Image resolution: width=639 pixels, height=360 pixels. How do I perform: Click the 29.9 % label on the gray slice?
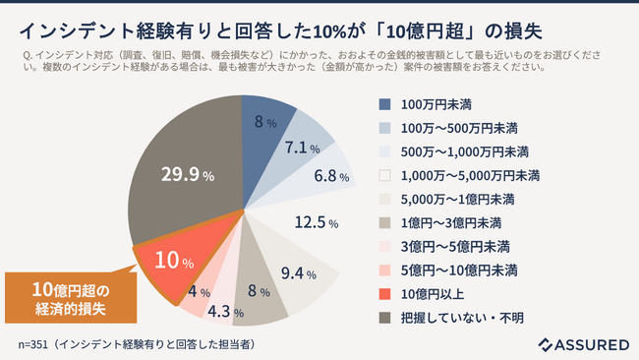[x=188, y=175]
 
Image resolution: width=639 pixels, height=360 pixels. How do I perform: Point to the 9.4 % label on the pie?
[x=297, y=272]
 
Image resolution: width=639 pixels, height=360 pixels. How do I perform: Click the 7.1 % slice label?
[x=302, y=149]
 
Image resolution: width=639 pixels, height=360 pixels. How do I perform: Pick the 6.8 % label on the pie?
[x=330, y=178]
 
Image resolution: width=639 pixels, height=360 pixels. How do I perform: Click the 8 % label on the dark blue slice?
[x=263, y=123]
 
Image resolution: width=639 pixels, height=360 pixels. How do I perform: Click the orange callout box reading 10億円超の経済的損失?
[x=70, y=296]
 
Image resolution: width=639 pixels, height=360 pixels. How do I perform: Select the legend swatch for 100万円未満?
[x=384, y=102]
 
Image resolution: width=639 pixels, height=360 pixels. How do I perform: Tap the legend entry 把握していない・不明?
[x=462, y=317]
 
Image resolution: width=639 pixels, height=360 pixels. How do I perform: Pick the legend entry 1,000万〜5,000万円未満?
[x=471, y=174]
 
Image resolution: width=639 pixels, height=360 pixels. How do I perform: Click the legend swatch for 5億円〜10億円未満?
[x=384, y=270]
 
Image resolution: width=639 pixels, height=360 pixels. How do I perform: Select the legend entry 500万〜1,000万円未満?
[x=467, y=150]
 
